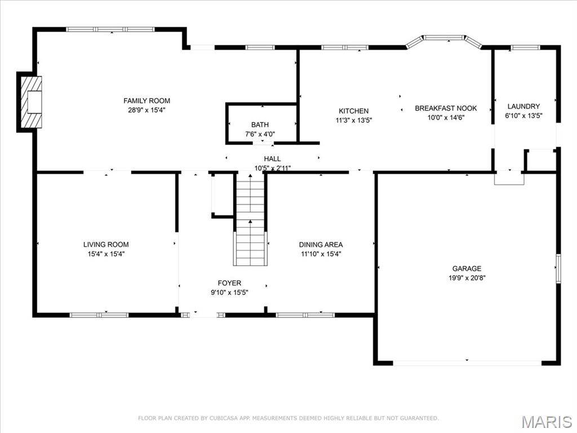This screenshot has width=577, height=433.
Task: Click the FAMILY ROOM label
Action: (x=147, y=101)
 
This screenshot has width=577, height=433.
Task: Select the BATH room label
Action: (x=260, y=125)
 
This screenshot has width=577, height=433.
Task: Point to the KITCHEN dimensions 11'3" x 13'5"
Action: (x=353, y=120)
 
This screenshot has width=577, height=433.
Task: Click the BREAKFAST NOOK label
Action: (x=446, y=108)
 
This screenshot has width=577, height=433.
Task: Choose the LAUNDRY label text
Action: (x=523, y=106)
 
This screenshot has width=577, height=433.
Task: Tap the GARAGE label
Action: (x=467, y=268)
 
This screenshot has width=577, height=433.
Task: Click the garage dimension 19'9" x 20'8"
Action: (x=467, y=277)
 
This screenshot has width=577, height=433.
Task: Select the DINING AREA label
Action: (x=321, y=245)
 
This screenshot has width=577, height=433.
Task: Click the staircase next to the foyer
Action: (x=250, y=226)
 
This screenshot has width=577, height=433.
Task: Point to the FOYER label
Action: (x=229, y=283)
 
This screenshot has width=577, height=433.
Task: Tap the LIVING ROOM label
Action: (x=106, y=245)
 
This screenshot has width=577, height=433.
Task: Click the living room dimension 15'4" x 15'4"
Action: (x=106, y=254)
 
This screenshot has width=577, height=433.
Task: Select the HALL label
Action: (x=272, y=159)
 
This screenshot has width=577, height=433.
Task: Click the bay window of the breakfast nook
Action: (x=445, y=38)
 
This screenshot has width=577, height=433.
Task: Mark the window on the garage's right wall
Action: (x=558, y=267)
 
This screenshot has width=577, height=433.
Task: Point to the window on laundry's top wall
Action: (x=525, y=47)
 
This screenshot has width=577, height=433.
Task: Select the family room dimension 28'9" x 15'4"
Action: (x=147, y=110)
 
